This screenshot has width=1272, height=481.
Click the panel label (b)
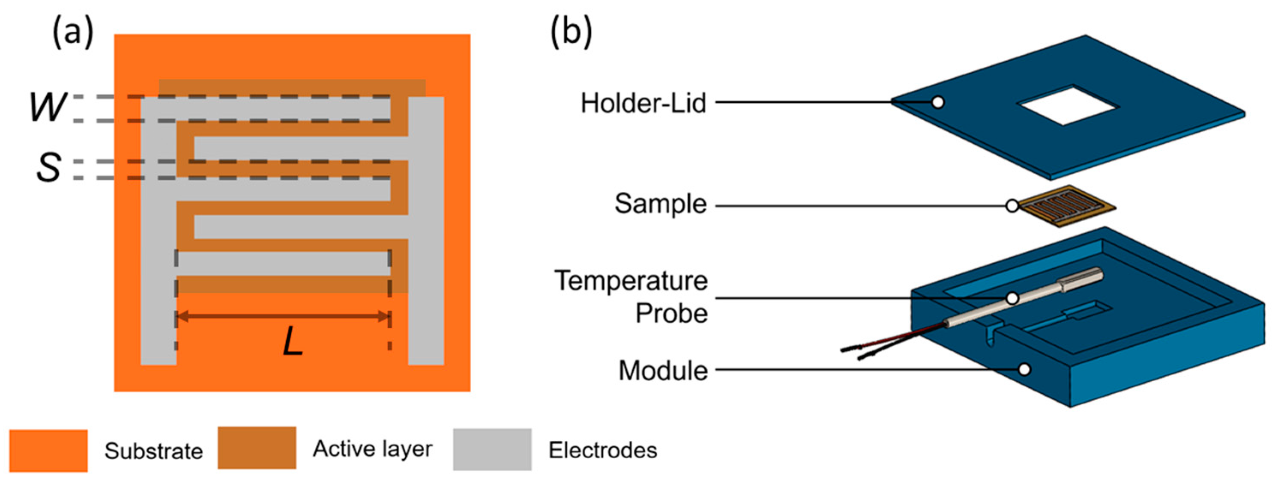tap(572, 35)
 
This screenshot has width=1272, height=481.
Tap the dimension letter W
tap(48, 107)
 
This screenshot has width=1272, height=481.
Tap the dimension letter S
tap(49, 168)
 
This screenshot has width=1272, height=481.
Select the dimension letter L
tap(292, 342)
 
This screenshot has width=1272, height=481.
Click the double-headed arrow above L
tap(283, 316)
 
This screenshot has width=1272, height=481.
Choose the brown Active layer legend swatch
tap(257, 448)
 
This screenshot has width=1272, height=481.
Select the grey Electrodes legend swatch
tap(492, 449)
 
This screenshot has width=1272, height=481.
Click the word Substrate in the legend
tap(153, 451)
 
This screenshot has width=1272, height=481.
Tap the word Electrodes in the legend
tap(602, 450)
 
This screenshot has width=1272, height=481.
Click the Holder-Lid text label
tap(643, 104)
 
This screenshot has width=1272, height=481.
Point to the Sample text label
tap(660, 203)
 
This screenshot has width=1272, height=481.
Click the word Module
tap(663, 371)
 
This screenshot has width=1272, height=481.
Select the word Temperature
tap(631, 281)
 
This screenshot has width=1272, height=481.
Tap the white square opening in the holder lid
tap(1068, 106)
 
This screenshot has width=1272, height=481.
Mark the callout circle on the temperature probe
tap(1012, 298)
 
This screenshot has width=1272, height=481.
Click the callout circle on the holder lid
tap(938, 102)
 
